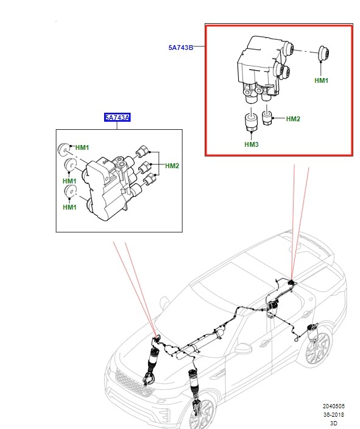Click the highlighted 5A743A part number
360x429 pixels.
pyautogui.click(x=116, y=118)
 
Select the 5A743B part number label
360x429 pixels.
pyautogui.click(x=182, y=47)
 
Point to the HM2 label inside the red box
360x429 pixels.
pyautogui.click(x=293, y=119)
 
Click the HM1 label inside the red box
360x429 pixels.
pyautogui.click(x=321, y=80)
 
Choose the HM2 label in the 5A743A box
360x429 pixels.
pyautogui.click(x=172, y=166)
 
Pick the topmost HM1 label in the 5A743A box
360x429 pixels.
pyautogui.click(x=82, y=148)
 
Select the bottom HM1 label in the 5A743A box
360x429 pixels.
pyautogui.click(x=69, y=208)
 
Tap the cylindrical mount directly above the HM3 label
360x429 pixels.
pyautogui.click(x=249, y=122)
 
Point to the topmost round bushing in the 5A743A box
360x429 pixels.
pyautogui.click(x=63, y=148)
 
